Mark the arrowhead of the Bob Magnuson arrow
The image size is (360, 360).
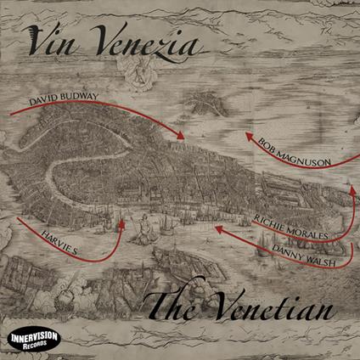click(x=239, y=134)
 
